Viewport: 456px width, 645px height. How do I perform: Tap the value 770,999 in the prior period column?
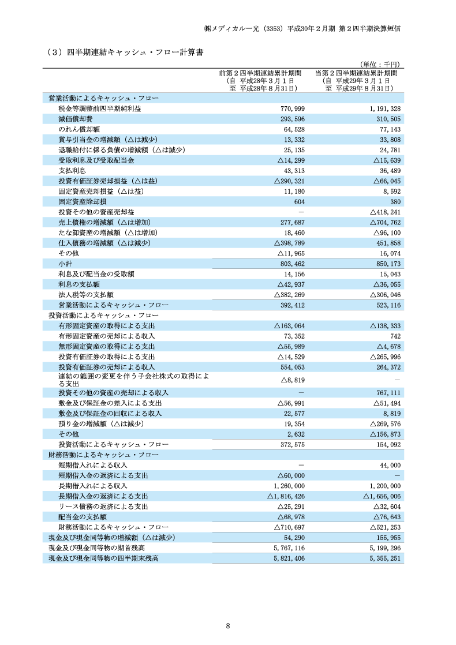[292, 108]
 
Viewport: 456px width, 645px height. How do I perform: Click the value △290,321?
[289, 181]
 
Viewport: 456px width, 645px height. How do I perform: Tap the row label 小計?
[65, 264]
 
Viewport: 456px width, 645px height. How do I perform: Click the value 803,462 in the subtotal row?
[292, 264]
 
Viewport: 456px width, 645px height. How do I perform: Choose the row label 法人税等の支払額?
[86, 294]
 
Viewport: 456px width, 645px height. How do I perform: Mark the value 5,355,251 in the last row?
[382, 558]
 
